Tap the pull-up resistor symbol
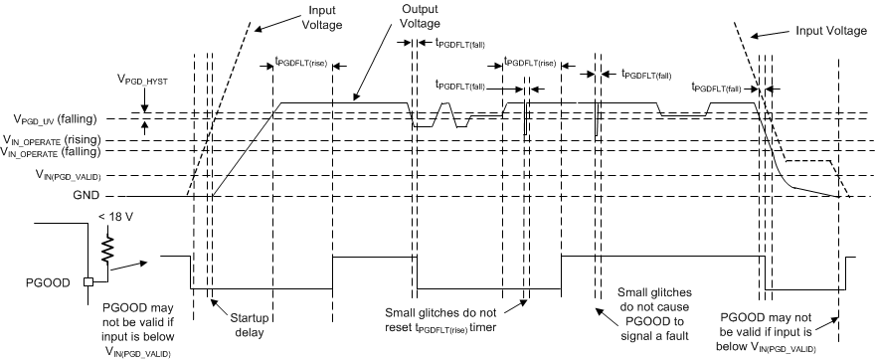[x=105, y=244]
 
